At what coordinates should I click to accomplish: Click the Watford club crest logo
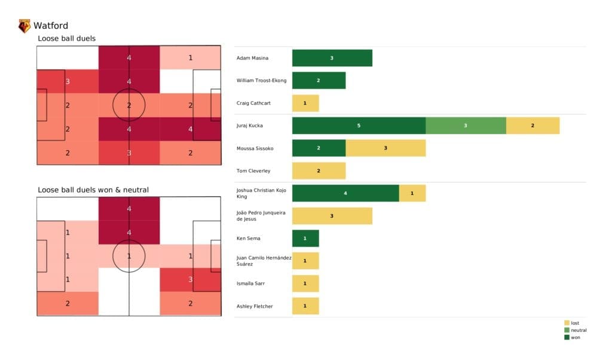point(25,26)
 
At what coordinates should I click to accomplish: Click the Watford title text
point(51,26)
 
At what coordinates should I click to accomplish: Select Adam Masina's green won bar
point(332,58)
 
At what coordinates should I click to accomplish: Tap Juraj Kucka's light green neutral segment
point(466,126)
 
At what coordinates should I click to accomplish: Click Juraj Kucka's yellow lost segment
point(533,126)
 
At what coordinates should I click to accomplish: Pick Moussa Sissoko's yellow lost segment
point(385,148)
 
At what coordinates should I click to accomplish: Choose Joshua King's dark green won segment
point(345,193)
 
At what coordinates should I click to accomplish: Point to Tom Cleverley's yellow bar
point(319,171)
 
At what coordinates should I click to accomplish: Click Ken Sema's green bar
point(305,239)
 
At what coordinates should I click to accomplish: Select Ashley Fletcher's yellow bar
point(305,306)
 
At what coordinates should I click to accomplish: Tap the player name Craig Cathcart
point(253,103)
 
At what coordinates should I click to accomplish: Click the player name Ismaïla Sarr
point(251,283)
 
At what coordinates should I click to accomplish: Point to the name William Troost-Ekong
point(262,81)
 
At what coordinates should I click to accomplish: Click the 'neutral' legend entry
point(579,330)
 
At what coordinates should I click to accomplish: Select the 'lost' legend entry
point(575,323)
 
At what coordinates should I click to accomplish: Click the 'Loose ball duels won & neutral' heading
point(93,190)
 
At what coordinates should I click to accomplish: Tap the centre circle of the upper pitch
point(128,105)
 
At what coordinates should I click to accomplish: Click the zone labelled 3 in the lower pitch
point(191,279)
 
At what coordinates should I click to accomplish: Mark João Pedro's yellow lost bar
point(332,216)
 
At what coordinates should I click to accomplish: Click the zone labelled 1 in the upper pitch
point(191,58)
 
